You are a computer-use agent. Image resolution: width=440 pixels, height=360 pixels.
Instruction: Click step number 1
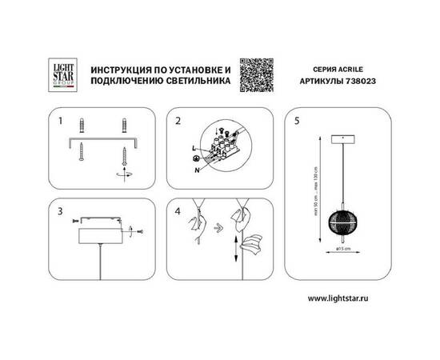point(61,121)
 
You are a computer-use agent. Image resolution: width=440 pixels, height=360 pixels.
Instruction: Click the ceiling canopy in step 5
point(343,138)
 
